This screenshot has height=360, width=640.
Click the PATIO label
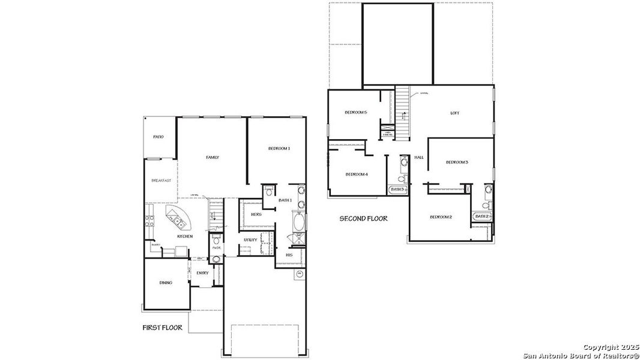pyautogui.click(x=158, y=137)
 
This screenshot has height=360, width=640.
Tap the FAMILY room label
pyautogui.click(x=213, y=157)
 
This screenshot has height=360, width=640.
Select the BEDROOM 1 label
pyautogui.click(x=279, y=148)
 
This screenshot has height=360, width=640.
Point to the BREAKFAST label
pyautogui.click(x=161, y=181)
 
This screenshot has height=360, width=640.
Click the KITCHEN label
pyautogui.click(x=185, y=236)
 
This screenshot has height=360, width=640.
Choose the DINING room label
pyautogui.click(x=166, y=283)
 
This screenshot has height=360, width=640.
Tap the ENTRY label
pyautogui.click(x=203, y=273)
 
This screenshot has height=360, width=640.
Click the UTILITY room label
pyautogui.click(x=250, y=240)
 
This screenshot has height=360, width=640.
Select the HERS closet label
pyautogui.click(x=256, y=214)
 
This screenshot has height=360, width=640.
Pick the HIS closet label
pyautogui.click(x=289, y=254)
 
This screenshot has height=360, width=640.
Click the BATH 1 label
pyautogui.click(x=285, y=200)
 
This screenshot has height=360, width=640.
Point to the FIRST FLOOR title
pyautogui.click(x=162, y=328)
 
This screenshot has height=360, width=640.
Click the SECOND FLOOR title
pyautogui.click(x=363, y=218)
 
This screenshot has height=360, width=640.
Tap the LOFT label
pyautogui.click(x=455, y=113)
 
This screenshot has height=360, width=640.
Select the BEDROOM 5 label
pyautogui.click(x=355, y=112)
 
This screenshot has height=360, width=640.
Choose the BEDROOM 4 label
pyautogui.click(x=357, y=175)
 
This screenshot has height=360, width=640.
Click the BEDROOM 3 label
pyautogui.click(x=457, y=162)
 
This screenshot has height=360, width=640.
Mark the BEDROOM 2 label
pyautogui.click(x=441, y=217)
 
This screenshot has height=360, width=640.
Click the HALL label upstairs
pyautogui.click(x=418, y=157)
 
